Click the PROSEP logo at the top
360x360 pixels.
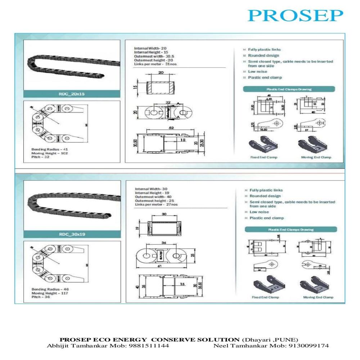295,15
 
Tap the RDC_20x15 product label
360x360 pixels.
72,94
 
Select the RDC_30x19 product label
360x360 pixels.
72,234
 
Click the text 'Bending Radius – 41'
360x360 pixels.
49,149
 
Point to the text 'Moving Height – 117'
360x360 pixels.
50,293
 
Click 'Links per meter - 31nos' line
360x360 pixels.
156,64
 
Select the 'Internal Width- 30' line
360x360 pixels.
151,189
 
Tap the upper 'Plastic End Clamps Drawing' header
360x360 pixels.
289,89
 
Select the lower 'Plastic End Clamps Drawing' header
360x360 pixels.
291,229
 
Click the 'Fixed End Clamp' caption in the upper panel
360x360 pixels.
264,157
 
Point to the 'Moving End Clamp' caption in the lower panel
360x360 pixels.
318,297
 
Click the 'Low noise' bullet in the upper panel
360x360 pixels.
257,72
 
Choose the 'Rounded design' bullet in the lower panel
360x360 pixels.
265,196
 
